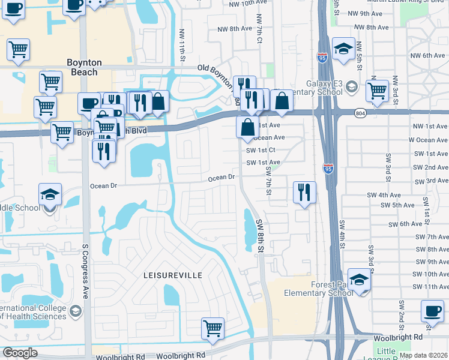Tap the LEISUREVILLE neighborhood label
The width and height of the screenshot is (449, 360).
pyautogui.click(x=173, y=274)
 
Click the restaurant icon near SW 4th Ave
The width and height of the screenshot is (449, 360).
pyautogui.click(x=304, y=193)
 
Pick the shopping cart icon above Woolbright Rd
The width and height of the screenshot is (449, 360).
pyautogui.click(x=212, y=328)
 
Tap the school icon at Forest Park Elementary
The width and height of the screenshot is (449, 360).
pyautogui.click(x=359, y=280)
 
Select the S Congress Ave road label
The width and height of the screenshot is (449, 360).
pyautogui.click(x=85, y=270)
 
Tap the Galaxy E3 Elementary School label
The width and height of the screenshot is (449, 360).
pyautogui.click(x=316, y=88)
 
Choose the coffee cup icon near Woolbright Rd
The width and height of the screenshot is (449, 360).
pyautogui.click(x=432, y=311)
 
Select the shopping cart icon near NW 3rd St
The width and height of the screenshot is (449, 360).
pyautogui.click(x=377, y=91)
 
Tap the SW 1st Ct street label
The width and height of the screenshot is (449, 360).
pyautogui.click(x=261, y=150)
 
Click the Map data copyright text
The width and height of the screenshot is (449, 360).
pyautogui.click(x=424, y=355)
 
